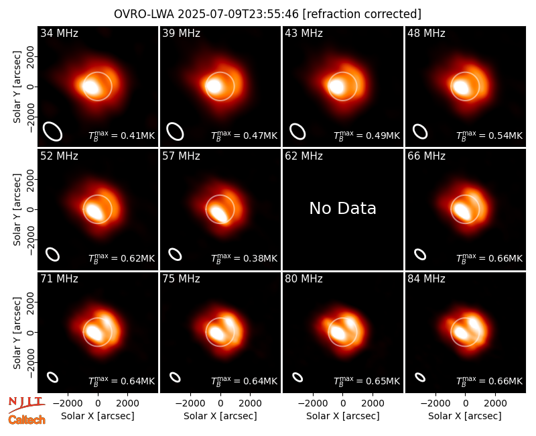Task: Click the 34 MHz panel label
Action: pyautogui.click(x=59, y=33)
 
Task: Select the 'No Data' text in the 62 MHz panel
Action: pyautogui.click(x=342, y=208)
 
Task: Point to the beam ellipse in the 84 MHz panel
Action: pyautogui.click(x=420, y=377)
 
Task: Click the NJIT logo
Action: pyautogui.click(x=26, y=404)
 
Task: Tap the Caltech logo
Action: pyautogui.click(x=27, y=420)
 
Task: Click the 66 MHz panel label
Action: pyautogui.click(x=426, y=156)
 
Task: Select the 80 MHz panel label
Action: pyautogui.click(x=304, y=279)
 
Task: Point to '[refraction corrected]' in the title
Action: pyautogui.click(x=362, y=14)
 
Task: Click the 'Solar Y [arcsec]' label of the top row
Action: pyautogui.click(x=17, y=87)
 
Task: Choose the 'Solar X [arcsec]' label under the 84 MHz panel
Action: pyautogui.click(x=465, y=416)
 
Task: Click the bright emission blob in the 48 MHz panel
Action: pyautogui.click(x=460, y=87)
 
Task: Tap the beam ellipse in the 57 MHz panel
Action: pyautogui.click(x=175, y=254)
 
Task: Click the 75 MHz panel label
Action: pyautogui.click(x=181, y=279)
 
